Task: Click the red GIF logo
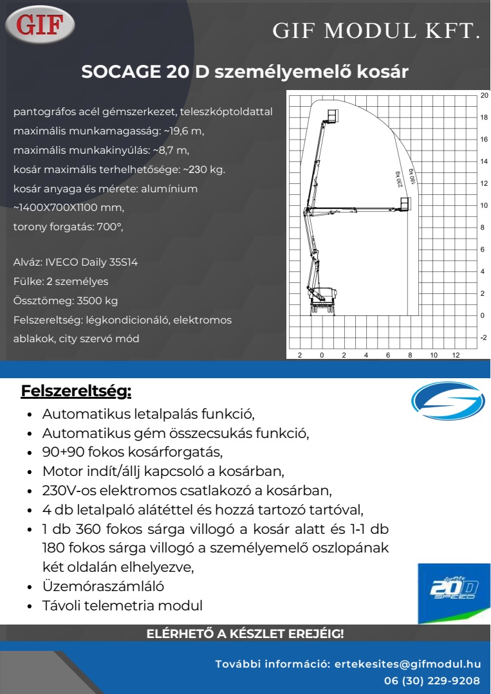click(x=40, y=24)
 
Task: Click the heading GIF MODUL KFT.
click(x=376, y=31)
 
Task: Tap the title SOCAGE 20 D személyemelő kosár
click(x=245, y=72)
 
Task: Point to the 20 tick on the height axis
click(x=484, y=95)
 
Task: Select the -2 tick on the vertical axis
click(x=484, y=337)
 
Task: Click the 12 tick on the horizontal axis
click(x=456, y=354)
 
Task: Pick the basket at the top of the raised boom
click(x=332, y=115)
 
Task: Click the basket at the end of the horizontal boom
click(x=404, y=204)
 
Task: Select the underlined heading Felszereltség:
click(x=76, y=390)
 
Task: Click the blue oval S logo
click(x=447, y=401)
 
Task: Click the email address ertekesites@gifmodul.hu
click(x=408, y=664)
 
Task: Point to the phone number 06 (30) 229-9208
click(x=432, y=680)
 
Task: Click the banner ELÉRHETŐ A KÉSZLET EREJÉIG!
click(x=245, y=634)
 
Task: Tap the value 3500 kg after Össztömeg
click(x=97, y=300)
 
